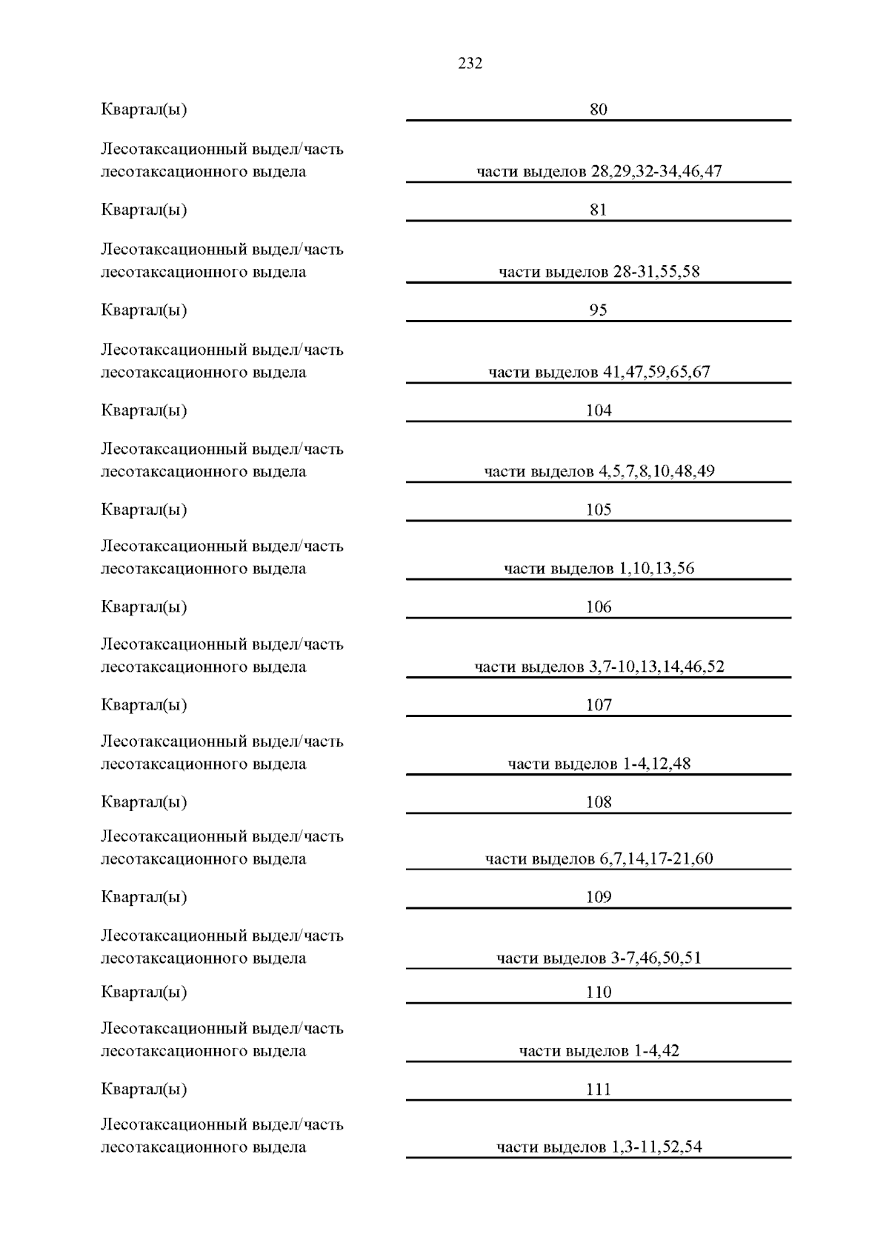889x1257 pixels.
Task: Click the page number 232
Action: [x=470, y=64]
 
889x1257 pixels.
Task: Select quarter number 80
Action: [x=598, y=110]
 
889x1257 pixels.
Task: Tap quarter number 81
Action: [x=598, y=210]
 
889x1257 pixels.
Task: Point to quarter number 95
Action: [x=598, y=310]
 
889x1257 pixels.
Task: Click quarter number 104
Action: [x=599, y=410]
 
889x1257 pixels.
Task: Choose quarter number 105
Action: [x=599, y=510]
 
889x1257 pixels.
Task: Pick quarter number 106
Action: [x=599, y=607]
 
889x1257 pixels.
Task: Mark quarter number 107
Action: [x=599, y=705]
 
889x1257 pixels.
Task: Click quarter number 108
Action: [x=599, y=802]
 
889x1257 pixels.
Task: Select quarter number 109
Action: [x=599, y=897]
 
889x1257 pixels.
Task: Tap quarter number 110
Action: [x=599, y=993]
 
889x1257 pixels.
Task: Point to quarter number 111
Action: [x=599, y=1090]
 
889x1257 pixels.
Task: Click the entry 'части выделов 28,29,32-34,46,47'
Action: [x=599, y=172]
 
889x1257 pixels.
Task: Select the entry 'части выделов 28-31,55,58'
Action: [x=599, y=272]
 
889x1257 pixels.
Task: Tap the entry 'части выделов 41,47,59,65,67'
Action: [x=599, y=372]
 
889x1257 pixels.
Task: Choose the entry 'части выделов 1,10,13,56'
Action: [x=599, y=569]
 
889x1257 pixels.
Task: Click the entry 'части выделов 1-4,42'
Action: [x=599, y=1051]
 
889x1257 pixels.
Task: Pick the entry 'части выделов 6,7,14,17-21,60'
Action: [x=599, y=859]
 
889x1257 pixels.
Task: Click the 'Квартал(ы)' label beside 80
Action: [x=144, y=110]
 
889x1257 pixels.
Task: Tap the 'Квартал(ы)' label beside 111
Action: [x=144, y=1090]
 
